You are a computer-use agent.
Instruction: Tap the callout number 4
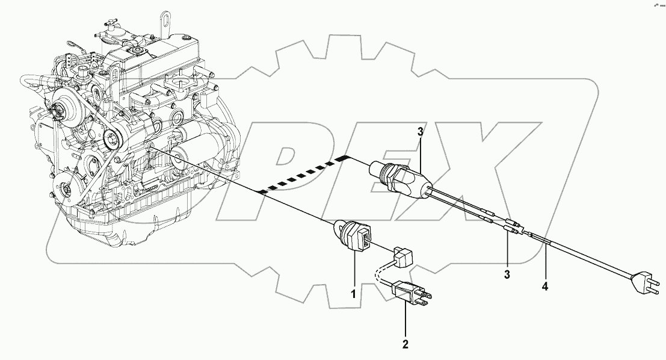544,287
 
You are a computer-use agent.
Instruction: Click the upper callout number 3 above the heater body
421,132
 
